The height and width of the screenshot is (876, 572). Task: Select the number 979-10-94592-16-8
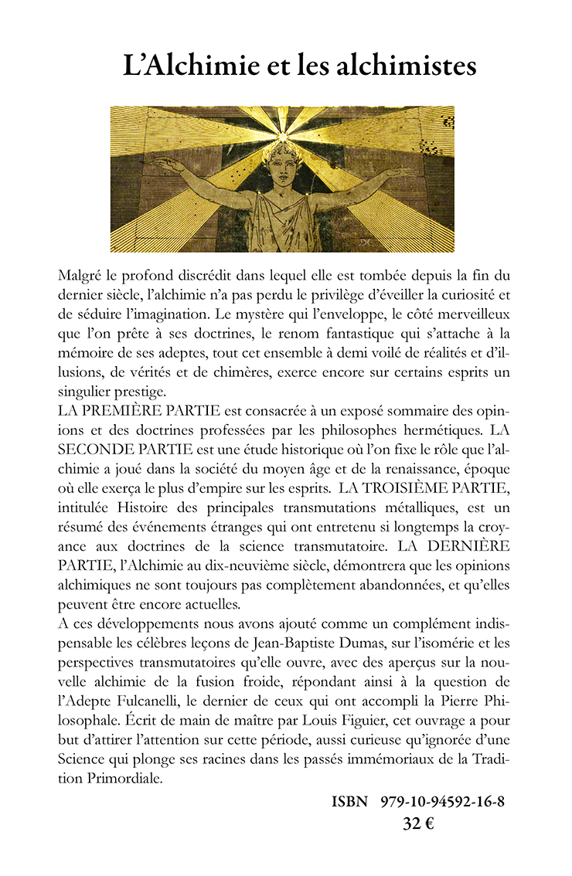point(442,801)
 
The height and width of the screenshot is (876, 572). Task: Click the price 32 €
point(418,823)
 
